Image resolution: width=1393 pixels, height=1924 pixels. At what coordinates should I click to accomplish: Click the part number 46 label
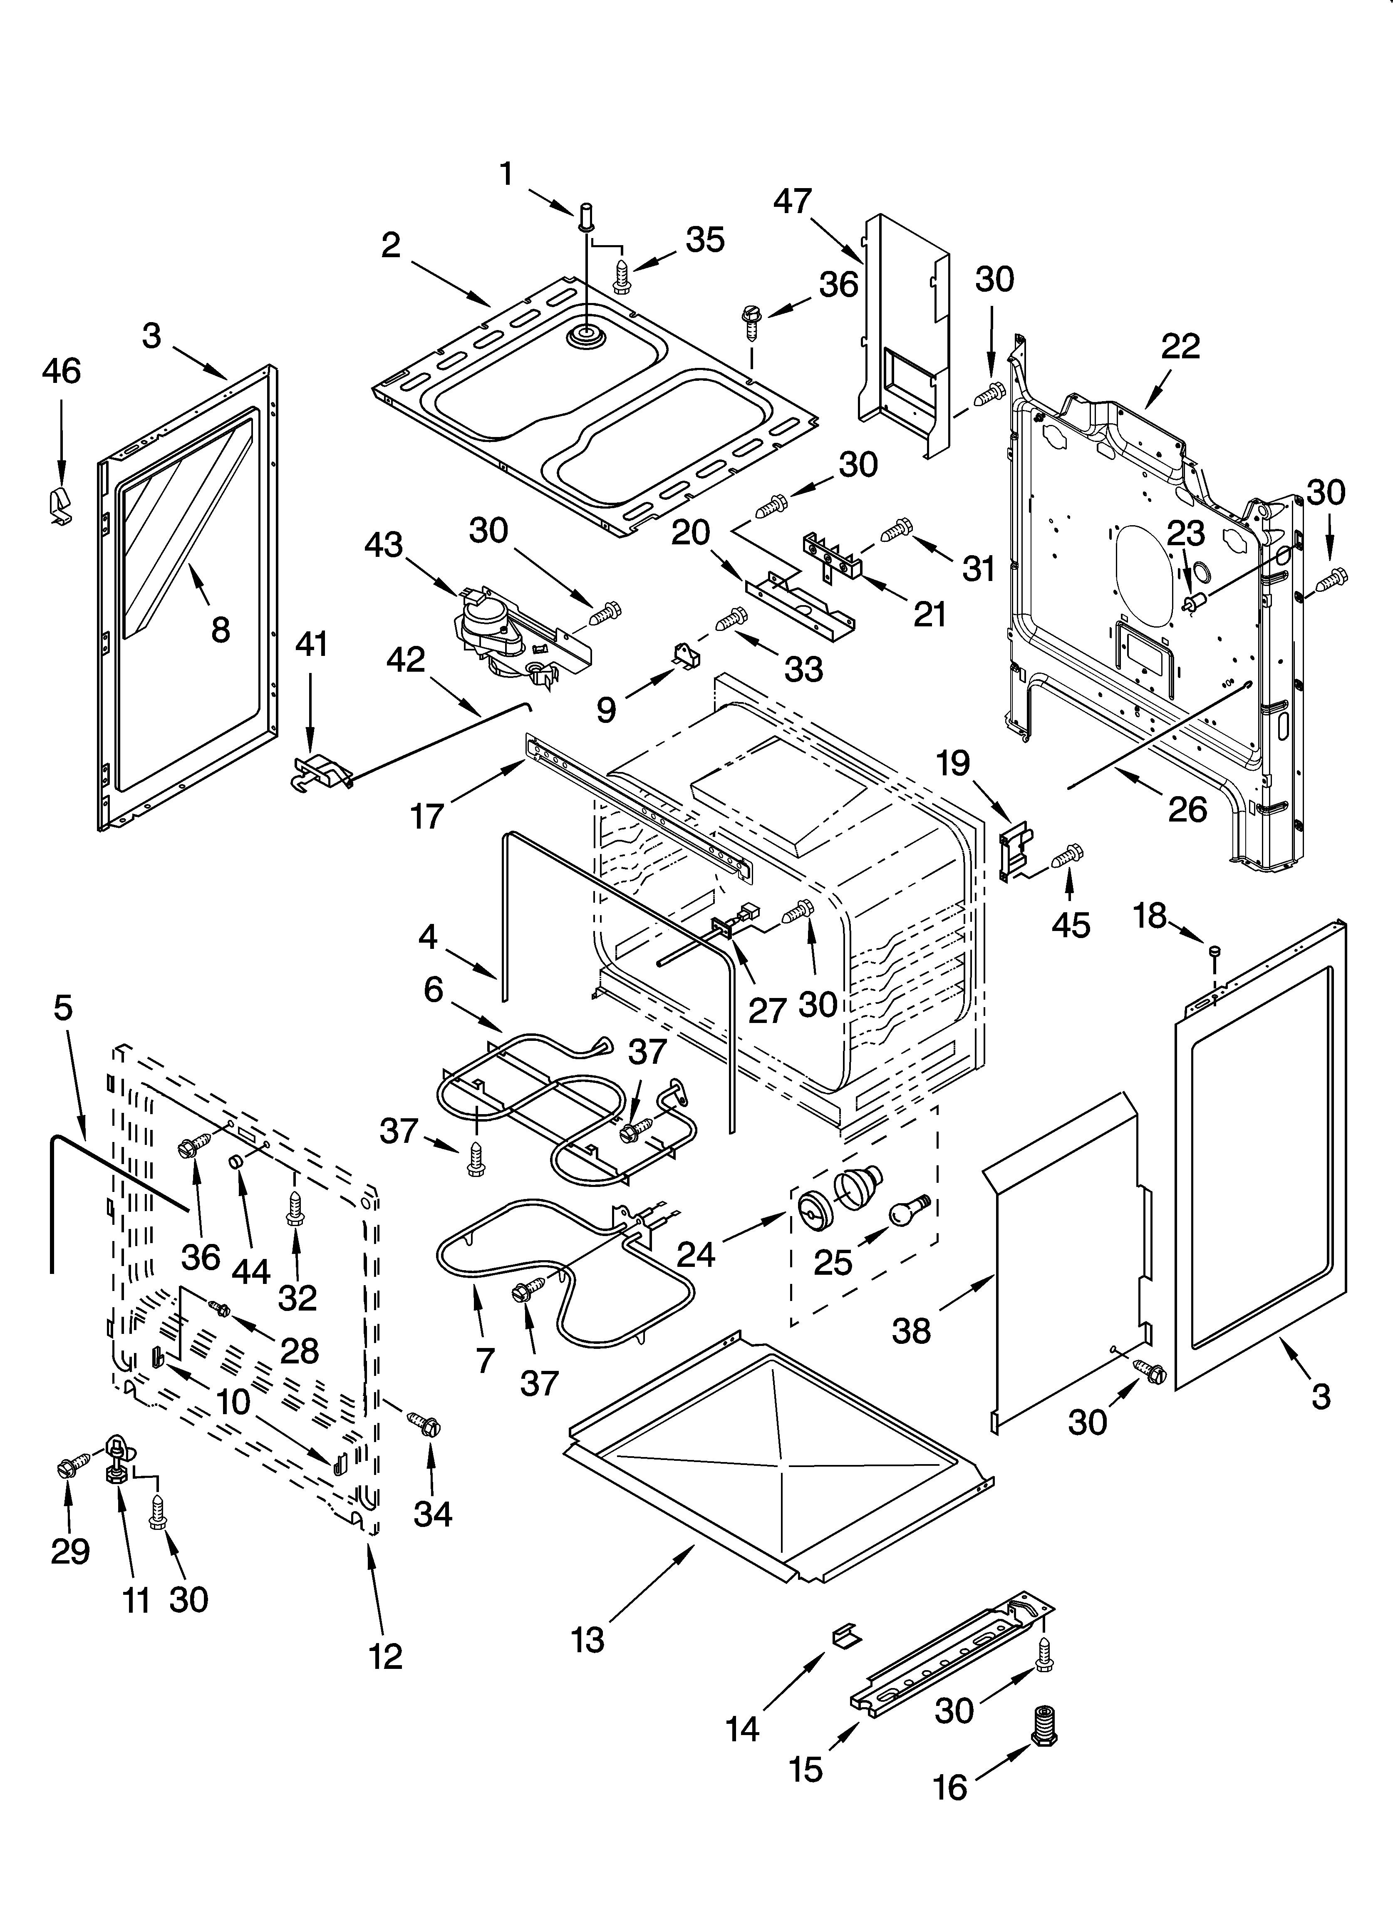point(61,372)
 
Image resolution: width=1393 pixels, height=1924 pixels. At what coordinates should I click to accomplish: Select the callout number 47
point(793,202)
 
